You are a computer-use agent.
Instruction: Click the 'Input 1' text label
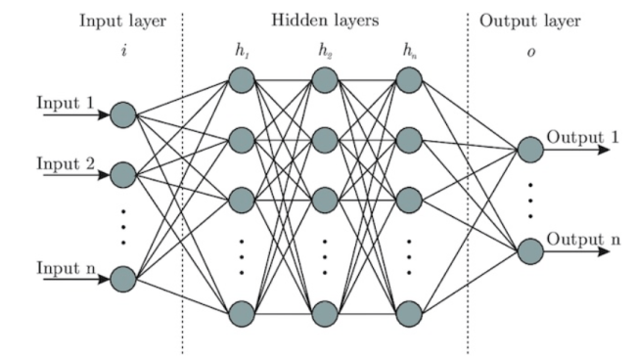click(x=67, y=102)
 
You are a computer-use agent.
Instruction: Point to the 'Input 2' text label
click(x=67, y=162)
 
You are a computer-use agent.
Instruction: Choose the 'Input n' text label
click(x=67, y=267)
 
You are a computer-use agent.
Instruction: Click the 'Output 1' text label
click(x=583, y=136)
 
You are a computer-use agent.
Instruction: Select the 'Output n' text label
click(x=583, y=238)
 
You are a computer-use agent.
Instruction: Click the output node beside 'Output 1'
click(x=529, y=149)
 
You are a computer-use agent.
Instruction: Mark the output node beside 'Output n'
click(x=529, y=249)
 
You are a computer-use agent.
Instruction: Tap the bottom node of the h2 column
click(x=325, y=311)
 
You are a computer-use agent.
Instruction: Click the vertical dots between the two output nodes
click(x=529, y=200)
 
